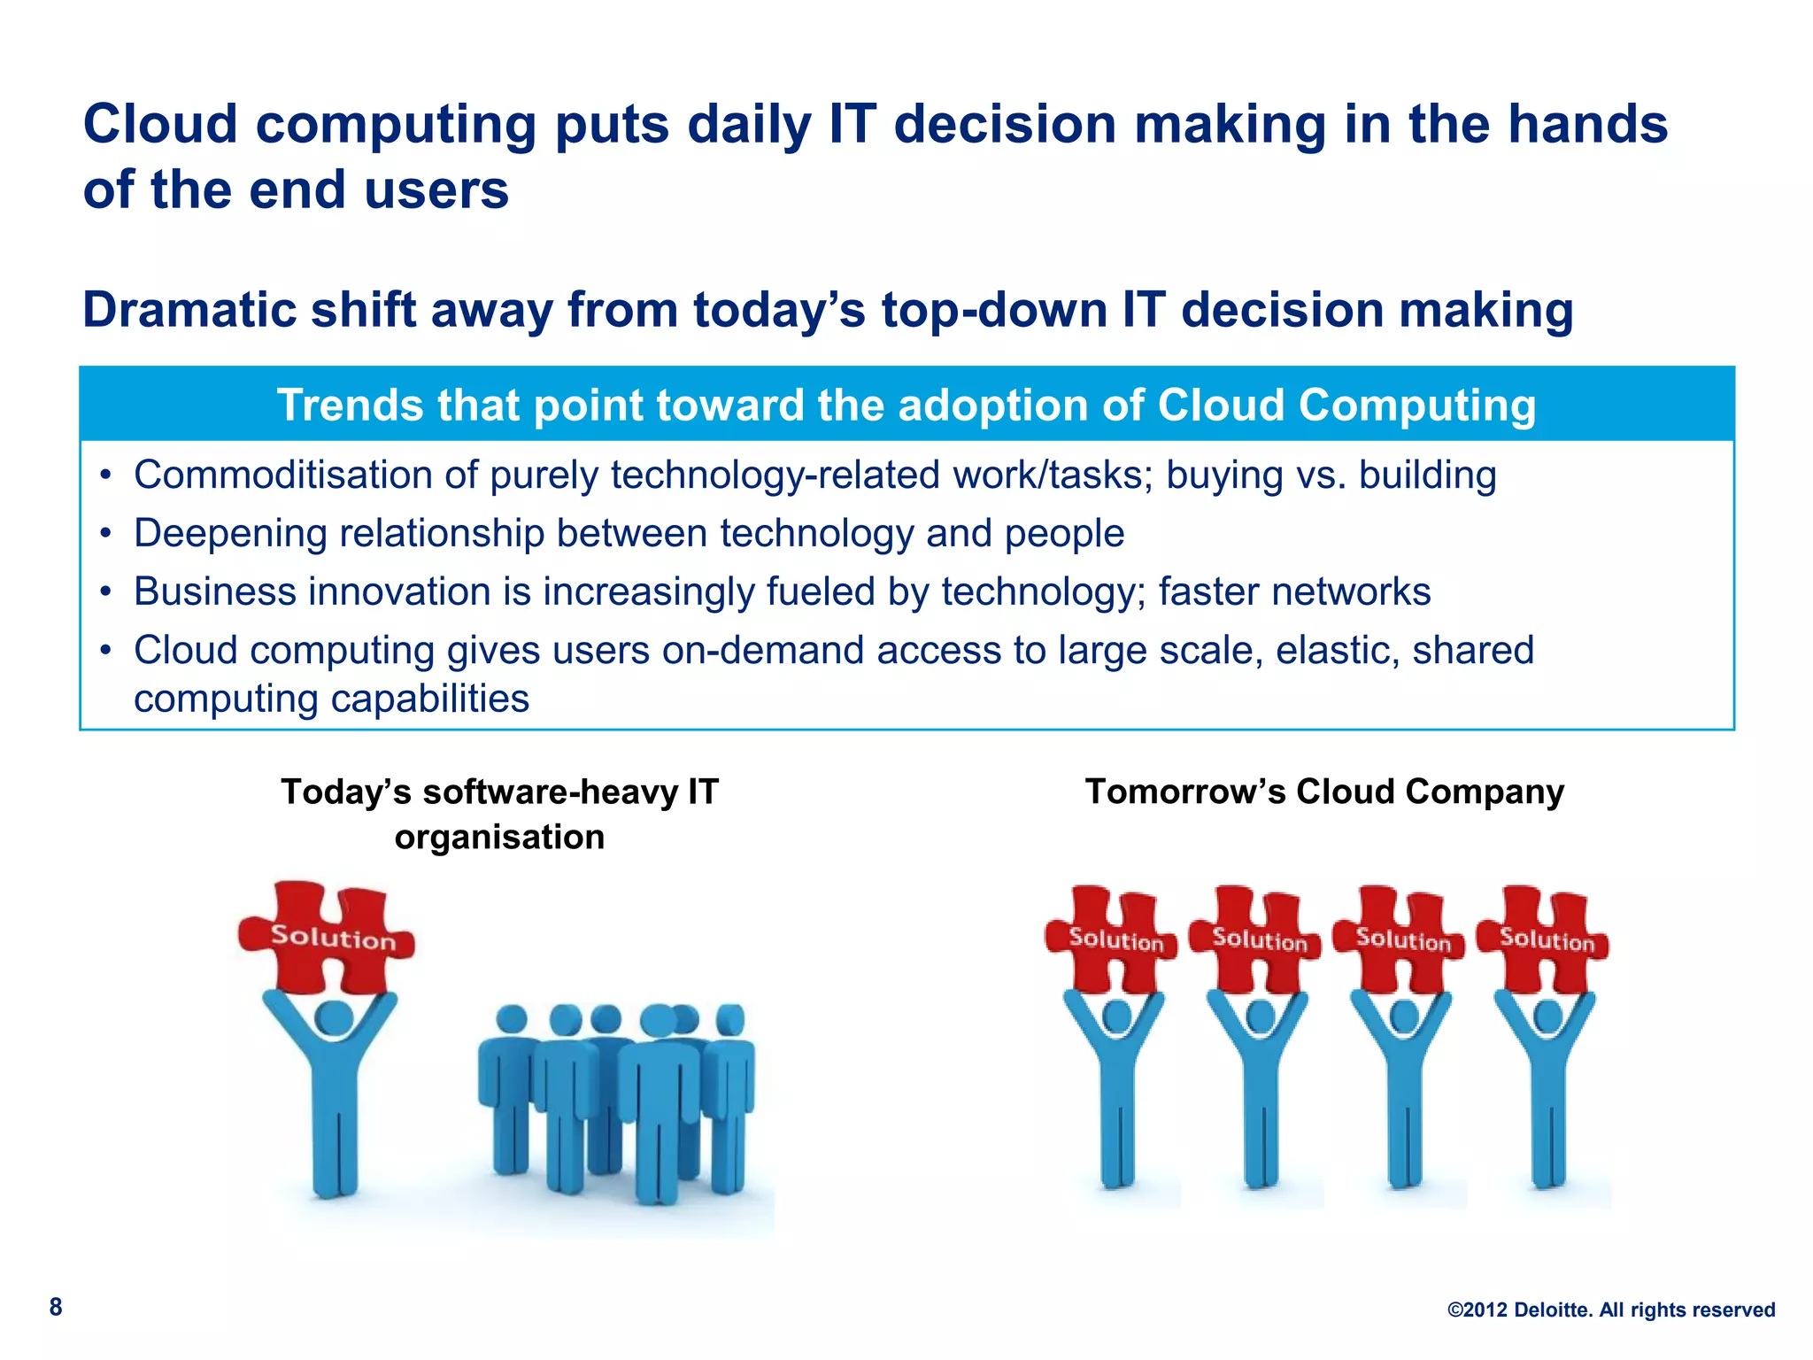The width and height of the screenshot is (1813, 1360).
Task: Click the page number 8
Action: pyautogui.click(x=56, y=1307)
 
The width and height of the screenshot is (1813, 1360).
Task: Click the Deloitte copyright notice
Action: pyautogui.click(x=1610, y=1310)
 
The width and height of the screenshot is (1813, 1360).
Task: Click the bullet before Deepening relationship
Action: pyautogui.click(x=106, y=535)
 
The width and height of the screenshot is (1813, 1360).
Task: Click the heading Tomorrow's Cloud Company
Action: pyautogui.click(x=1324, y=792)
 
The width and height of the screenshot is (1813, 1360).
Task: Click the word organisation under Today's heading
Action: pyautogui.click(x=499, y=838)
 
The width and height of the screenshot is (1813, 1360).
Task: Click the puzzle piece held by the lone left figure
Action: pyautogui.click(x=328, y=937)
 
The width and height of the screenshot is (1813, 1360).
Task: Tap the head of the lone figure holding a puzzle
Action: pyautogui.click(x=334, y=1019)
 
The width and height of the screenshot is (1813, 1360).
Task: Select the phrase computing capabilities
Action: pyautogui.click(x=331, y=699)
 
